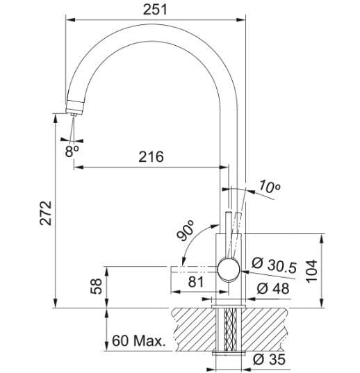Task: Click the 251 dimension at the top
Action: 155,10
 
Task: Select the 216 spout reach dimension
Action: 152,157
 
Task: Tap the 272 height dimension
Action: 46,213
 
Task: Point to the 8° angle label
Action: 72,151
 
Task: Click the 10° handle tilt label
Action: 270,187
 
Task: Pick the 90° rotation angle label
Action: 186,231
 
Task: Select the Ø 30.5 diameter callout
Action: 274,266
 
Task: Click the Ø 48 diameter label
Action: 273,288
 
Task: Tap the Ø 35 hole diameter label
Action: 270,359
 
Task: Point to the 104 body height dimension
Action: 311,271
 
